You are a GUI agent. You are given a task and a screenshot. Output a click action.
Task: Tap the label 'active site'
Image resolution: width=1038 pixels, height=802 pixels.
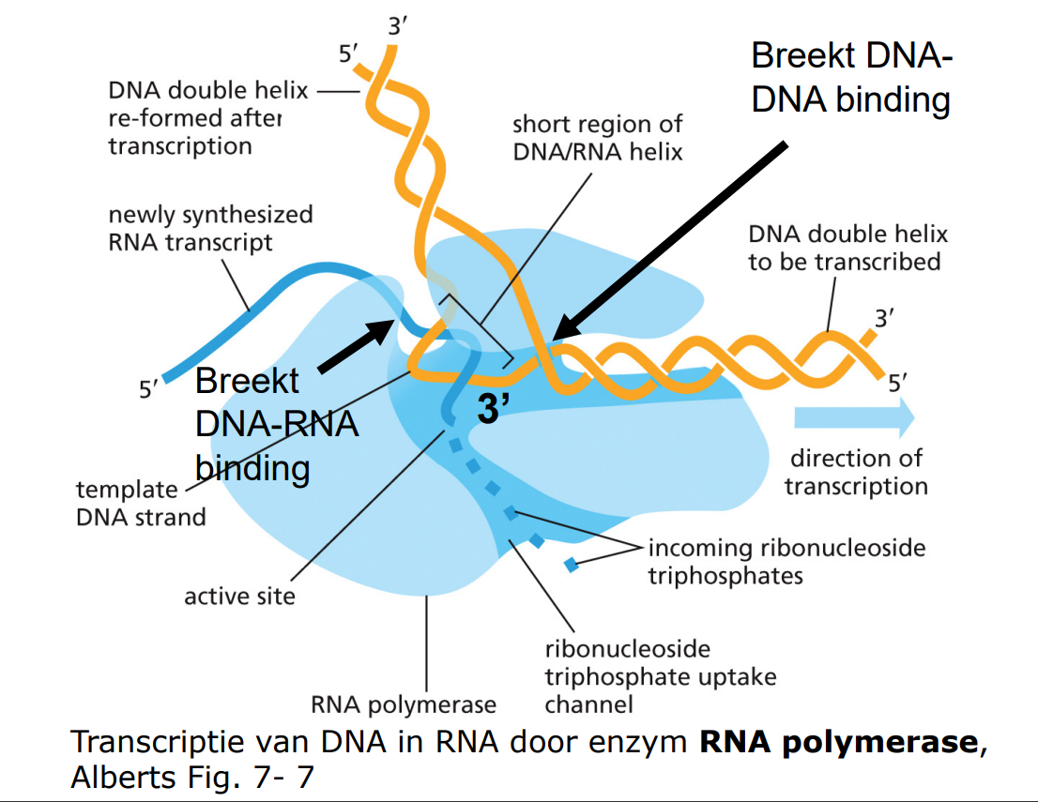click(x=239, y=596)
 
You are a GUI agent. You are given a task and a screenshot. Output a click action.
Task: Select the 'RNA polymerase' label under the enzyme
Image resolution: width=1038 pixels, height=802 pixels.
click(x=404, y=704)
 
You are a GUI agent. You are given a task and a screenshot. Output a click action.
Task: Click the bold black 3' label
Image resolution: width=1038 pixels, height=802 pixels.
click(x=494, y=410)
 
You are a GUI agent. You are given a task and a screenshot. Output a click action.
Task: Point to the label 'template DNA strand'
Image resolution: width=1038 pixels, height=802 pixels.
click(x=141, y=503)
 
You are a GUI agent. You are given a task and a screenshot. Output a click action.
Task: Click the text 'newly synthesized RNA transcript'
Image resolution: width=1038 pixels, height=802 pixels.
click(x=210, y=228)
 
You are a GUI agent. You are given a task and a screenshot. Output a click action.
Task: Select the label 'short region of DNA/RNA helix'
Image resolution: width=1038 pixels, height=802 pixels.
click(x=598, y=137)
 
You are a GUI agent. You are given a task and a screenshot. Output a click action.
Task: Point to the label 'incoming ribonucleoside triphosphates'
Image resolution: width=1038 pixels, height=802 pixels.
click(x=786, y=560)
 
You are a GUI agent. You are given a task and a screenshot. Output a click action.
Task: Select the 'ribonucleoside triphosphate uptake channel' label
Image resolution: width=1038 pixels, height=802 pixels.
click(x=660, y=675)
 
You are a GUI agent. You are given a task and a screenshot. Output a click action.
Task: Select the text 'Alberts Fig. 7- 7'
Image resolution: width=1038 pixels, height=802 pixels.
click(x=192, y=777)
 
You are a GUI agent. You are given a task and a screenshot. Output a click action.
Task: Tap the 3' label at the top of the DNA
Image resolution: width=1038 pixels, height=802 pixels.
click(x=398, y=26)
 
